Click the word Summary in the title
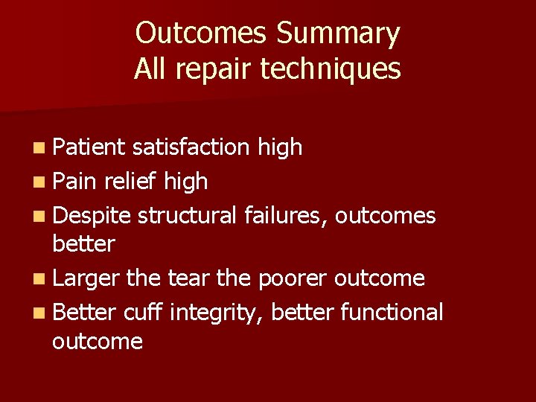click(x=338, y=34)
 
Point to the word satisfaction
click(x=191, y=147)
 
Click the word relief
click(x=132, y=181)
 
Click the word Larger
click(x=86, y=279)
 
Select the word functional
click(x=391, y=312)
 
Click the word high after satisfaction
click(x=280, y=147)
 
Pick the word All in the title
click(x=149, y=68)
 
